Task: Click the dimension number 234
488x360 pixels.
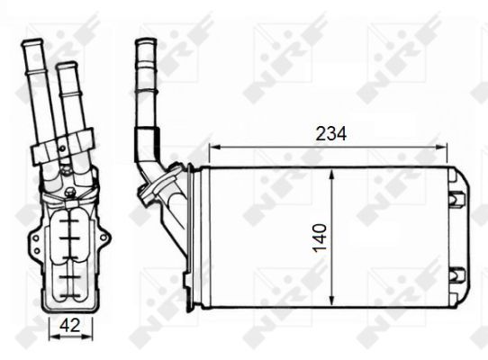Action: pyautogui.click(x=330, y=134)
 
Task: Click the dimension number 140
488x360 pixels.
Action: pyautogui.click(x=320, y=238)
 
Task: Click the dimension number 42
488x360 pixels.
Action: pyautogui.click(x=70, y=326)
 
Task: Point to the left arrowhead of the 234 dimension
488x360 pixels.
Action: pyautogui.click(x=215, y=147)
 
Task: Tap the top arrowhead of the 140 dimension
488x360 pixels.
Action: pyautogui.click(x=332, y=175)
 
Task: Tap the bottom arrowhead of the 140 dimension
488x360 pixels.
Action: pyautogui.click(x=332, y=300)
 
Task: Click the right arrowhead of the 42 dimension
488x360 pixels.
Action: pyautogui.click(x=87, y=337)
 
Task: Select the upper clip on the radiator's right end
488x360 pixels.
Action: pyautogui.click(x=457, y=197)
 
